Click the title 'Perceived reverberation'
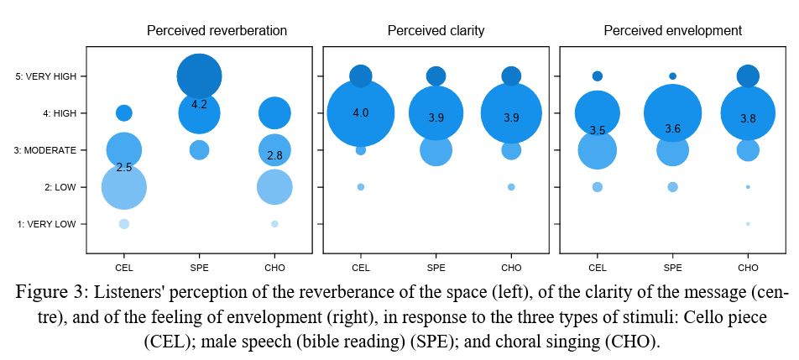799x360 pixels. tap(217, 31)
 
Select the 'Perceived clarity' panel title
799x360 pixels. tap(436, 31)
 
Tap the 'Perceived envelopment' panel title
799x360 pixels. tap(672, 31)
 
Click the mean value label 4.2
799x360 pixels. tap(199, 105)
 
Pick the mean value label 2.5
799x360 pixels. tap(124, 168)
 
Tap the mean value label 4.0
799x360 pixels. tap(361, 112)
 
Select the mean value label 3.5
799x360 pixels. tap(598, 130)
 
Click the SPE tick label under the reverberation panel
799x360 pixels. tap(199, 268)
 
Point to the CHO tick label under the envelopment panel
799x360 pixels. tap(748, 268)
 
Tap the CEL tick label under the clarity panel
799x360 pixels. tap(361, 268)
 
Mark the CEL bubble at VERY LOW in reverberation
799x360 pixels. tap(124, 224)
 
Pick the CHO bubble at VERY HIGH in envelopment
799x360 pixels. tap(748, 76)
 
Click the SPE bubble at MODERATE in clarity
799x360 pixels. tap(436, 150)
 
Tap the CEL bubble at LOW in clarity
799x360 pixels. tap(361, 187)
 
